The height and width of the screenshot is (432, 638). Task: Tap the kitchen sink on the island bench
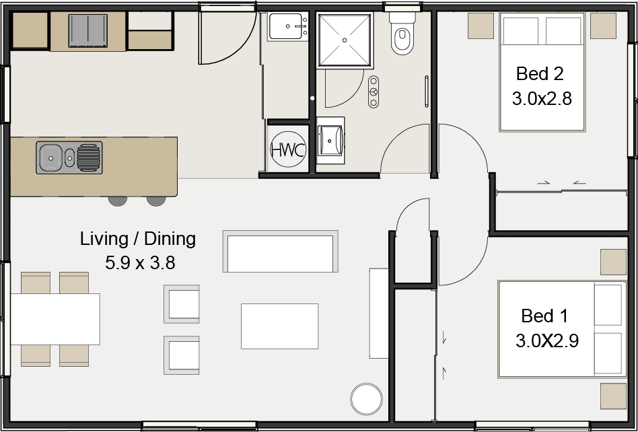(70, 158)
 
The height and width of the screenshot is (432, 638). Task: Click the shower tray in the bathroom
(345, 40)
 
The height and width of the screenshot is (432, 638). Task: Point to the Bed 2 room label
(540, 73)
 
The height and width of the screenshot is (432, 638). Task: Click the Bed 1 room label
(544, 316)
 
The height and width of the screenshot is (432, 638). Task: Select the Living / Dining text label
(138, 238)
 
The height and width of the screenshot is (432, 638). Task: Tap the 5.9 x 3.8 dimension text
(140, 262)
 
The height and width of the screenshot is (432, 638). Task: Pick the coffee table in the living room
(279, 326)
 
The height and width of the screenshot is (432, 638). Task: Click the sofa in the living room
(280, 251)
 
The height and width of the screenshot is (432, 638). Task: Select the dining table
(55, 319)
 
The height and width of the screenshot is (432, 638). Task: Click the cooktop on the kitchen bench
(87, 31)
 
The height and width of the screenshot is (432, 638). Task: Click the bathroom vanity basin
(330, 139)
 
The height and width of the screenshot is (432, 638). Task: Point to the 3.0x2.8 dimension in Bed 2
(542, 99)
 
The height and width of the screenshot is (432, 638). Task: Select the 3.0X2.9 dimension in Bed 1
(547, 341)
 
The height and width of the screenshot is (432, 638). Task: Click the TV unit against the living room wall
(379, 313)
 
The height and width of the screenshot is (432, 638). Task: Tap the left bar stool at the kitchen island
(118, 200)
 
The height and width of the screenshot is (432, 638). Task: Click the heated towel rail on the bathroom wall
(427, 91)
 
